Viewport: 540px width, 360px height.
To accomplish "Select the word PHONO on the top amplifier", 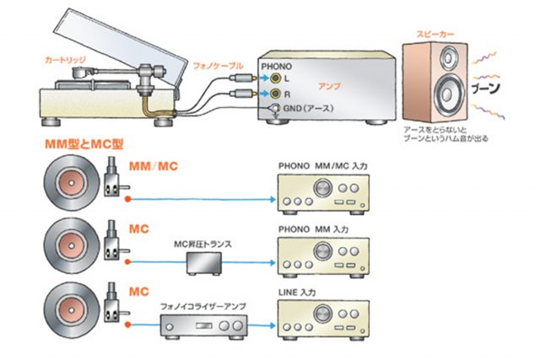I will click(278, 65).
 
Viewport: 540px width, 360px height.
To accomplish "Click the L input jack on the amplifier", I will click(276, 78).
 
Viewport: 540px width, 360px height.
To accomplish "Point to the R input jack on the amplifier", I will click(276, 93).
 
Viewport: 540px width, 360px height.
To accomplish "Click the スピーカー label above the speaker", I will click(435, 35).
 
